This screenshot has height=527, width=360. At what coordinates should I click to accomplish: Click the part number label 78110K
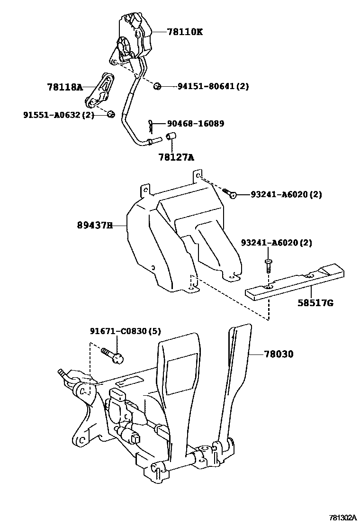(185, 32)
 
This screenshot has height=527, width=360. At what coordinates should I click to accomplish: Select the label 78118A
(65, 87)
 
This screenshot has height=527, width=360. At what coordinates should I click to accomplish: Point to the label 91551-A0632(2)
(59, 115)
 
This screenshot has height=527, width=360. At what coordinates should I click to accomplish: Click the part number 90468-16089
(196, 124)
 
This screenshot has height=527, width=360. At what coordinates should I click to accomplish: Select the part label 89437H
(95, 226)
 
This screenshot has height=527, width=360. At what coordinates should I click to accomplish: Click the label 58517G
(315, 302)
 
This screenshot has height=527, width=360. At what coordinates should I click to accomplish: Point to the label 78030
(279, 354)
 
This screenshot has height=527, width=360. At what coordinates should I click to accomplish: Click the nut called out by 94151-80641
(158, 86)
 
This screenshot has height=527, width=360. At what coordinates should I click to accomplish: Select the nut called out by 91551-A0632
(110, 114)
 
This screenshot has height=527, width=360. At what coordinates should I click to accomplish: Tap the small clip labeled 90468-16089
(151, 126)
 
